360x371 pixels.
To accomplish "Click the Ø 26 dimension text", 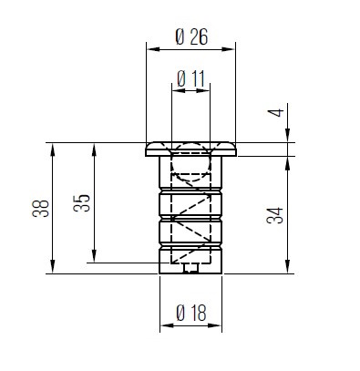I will tap(190, 38).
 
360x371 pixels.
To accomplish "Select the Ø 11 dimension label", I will tap(190, 78).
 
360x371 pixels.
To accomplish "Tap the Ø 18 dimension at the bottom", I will tap(190, 313).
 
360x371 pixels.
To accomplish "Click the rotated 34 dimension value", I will tap(278, 215).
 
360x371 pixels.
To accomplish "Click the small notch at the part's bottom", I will tap(190, 268).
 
